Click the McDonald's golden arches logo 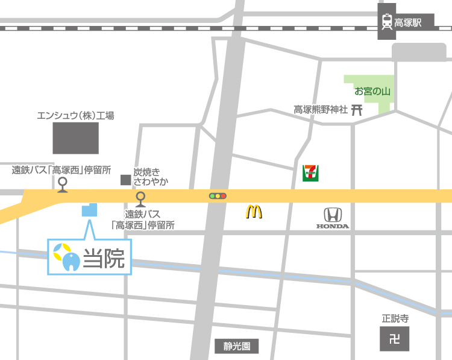pyautogui.click(x=254, y=212)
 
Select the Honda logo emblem pyautogui.click(x=333, y=215)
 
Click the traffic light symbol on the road pyautogui.click(x=217, y=196)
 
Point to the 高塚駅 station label pyautogui.click(x=408, y=23)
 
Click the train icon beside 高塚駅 pyautogui.click(x=386, y=23)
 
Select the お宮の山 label pyautogui.click(x=372, y=92)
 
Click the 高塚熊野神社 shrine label pyautogui.click(x=321, y=110)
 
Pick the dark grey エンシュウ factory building pyautogui.click(x=75, y=138)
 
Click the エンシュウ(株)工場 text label pyautogui.click(x=75, y=115)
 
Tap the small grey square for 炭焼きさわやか pyautogui.click(x=125, y=180)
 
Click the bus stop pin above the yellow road pyautogui.click(x=62, y=183)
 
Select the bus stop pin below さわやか pyautogui.click(x=140, y=198)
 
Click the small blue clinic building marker pyautogui.click(x=89, y=210)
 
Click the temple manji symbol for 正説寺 pyautogui.click(x=394, y=339)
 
